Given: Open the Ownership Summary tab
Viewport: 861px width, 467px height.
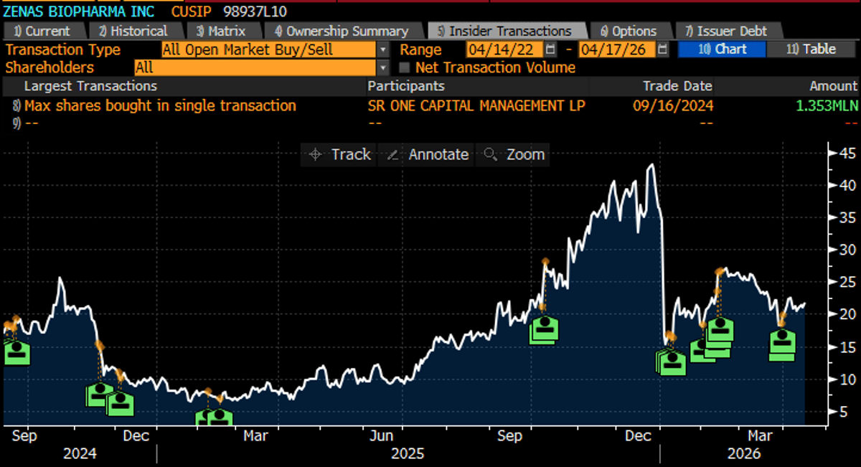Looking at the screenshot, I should [342, 31].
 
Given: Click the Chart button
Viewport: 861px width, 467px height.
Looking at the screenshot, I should [722, 49].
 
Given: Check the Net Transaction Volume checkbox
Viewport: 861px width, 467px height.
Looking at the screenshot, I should [404, 68].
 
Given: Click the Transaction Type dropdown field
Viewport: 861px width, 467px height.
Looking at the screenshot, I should [269, 49].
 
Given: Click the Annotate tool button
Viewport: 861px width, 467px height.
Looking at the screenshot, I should [430, 154].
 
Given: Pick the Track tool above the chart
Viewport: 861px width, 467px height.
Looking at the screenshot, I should [340, 154].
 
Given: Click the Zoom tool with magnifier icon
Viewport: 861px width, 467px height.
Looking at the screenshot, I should [514, 154].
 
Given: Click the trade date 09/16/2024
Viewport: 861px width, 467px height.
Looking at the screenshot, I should [672, 105].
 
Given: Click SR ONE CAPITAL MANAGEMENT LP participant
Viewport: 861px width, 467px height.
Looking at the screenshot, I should [476, 105].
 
